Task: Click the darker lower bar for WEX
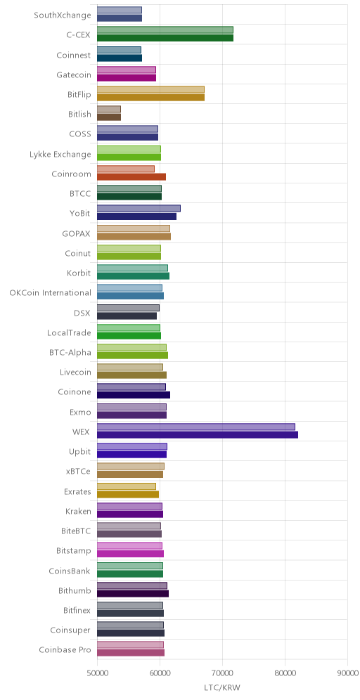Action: (x=198, y=435)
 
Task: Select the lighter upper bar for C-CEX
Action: (x=165, y=30)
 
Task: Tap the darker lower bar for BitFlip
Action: (x=150, y=97)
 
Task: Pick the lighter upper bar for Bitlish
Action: (x=108, y=109)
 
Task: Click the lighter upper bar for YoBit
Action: (x=139, y=208)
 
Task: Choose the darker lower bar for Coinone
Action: (x=134, y=395)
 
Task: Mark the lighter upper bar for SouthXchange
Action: (x=120, y=10)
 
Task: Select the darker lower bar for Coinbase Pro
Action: (x=130, y=653)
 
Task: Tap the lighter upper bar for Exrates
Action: (x=127, y=486)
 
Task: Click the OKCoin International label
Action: (x=51, y=293)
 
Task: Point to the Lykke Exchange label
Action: (x=59, y=155)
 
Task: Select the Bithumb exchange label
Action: (x=75, y=590)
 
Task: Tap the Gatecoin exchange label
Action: (x=74, y=75)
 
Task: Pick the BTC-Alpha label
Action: (x=70, y=352)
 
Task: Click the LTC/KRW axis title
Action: (x=222, y=688)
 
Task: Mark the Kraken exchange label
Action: (x=78, y=511)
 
